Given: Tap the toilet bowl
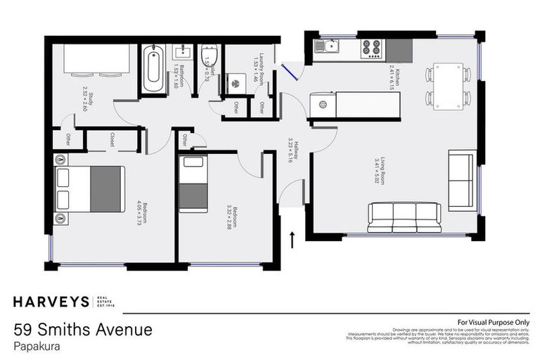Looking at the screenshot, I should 209,58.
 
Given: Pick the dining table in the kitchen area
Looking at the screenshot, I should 447,86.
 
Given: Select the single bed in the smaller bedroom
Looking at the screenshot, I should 192,184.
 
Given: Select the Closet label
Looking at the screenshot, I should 112,140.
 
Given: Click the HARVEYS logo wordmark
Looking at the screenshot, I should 51,302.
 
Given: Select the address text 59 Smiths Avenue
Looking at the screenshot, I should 82,329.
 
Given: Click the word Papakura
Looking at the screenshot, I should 35,346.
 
